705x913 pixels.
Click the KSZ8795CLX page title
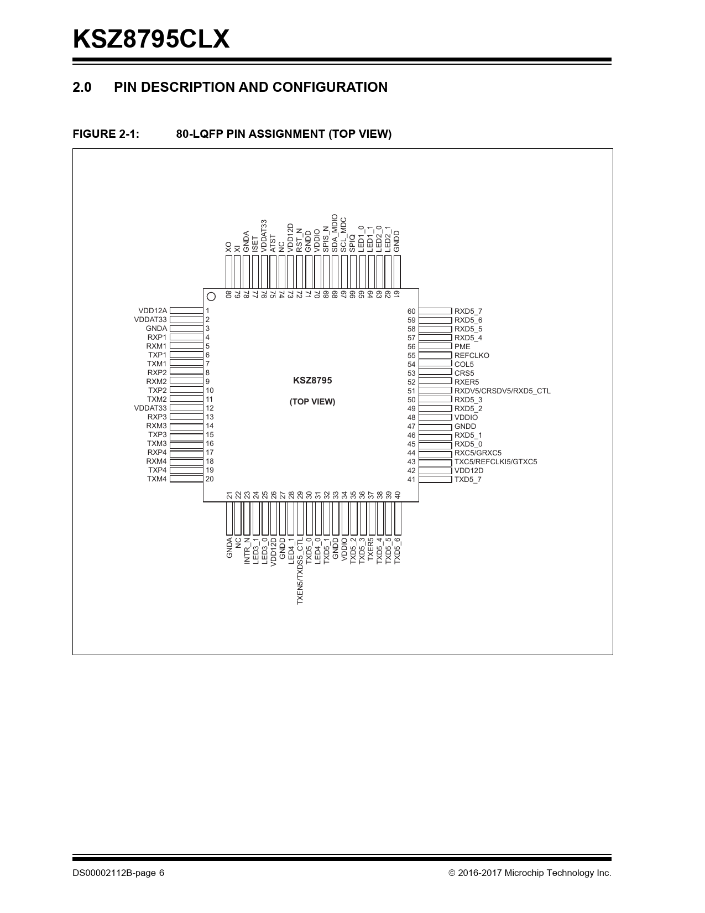pyautogui.click(x=151, y=39)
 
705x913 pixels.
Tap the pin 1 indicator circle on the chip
pyautogui.click(x=211, y=297)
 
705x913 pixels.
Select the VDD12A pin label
pyautogui.click(x=153, y=310)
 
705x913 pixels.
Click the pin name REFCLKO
pyautogui.click(x=472, y=355)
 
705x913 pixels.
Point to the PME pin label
pyautogui.click(x=462, y=346)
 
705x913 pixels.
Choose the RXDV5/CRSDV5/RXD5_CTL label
pyautogui.click(x=502, y=391)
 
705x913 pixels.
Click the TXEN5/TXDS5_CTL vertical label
pyautogui.click(x=300, y=570)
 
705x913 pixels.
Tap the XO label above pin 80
pyautogui.click(x=228, y=247)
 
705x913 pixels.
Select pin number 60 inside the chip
pyautogui.click(x=411, y=312)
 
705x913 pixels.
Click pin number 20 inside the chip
pyautogui.click(x=210, y=479)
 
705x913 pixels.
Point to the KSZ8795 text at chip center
pyautogui.click(x=312, y=380)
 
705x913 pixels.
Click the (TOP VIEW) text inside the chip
pyautogui.click(x=312, y=402)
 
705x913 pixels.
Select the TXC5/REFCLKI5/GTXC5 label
pyautogui.click(x=495, y=461)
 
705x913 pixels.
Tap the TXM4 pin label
pyautogui.click(x=156, y=479)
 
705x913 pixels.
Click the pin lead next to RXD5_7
pyautogui.click(x=435, y=311)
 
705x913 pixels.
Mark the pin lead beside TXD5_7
pyautogui.click(x=435, y=479)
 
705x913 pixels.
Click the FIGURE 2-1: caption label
pyautogui.click(x=106, y=133)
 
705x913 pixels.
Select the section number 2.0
pyautogui.click(x=82, y=87)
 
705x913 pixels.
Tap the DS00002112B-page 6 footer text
pyautogui.click(x=118, y=873)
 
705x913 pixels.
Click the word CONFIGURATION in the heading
pyautogui.click(x=330, y=87)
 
